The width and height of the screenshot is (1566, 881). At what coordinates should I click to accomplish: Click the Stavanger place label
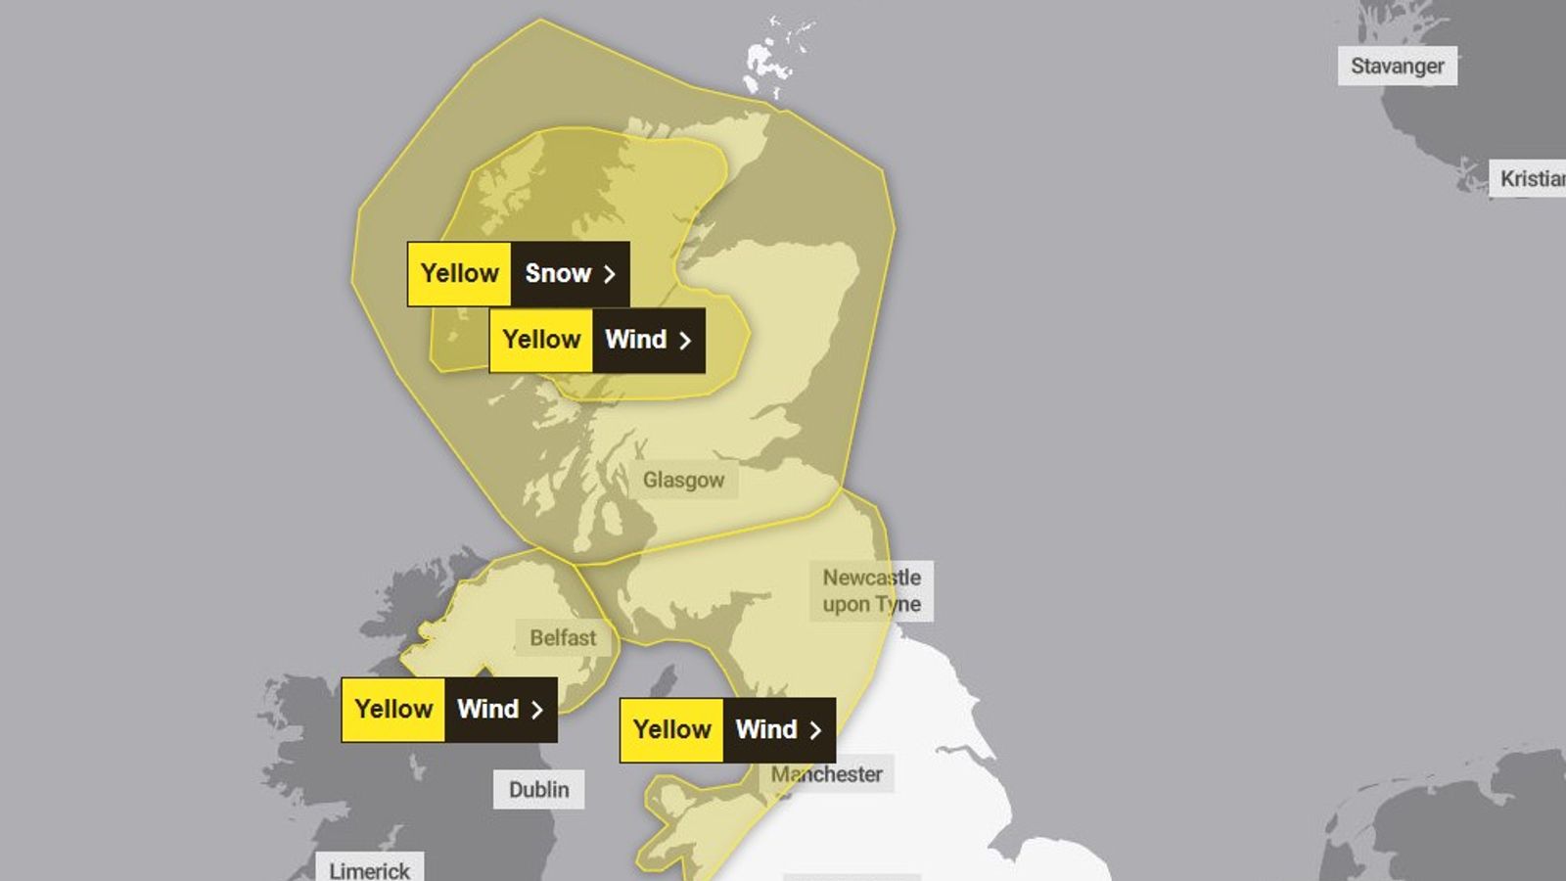click(x=1397, y=66)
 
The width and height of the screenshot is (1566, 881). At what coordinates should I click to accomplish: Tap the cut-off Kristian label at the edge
click(x=1531, y=178)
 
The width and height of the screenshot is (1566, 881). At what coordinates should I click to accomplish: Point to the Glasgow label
click(x=683, y=480)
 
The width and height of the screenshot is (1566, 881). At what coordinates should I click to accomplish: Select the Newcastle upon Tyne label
click(x=871, y=590)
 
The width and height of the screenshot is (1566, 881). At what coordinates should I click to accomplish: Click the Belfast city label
click(x=563, y=638)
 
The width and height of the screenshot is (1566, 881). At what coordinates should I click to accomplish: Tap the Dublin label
click(x=538, y=789)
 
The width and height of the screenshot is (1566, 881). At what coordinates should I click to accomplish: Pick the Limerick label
click(x=369, y=869)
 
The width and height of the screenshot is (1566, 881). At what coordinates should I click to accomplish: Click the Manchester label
click(x=827, y=774)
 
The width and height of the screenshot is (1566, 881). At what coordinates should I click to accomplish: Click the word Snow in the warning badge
click(x=558, y=273)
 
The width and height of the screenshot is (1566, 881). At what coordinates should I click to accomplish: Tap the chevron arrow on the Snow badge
click(x=610, y=274)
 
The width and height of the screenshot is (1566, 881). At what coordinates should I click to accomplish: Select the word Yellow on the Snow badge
click(x=459, y=273)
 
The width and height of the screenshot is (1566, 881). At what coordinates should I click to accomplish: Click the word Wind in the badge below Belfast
click(x=487, y=709)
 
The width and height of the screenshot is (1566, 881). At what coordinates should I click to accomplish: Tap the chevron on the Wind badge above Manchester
click(x=815, y=730)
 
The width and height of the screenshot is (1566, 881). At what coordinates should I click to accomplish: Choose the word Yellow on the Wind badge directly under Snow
click(x=541, y=340)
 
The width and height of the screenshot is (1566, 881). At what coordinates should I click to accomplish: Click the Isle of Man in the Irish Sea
click(x=664, y=681)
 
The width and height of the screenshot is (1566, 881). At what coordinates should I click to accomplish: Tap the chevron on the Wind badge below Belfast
click(x=536, y=710)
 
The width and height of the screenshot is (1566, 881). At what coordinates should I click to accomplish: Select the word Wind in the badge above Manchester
click(x=766, y=729)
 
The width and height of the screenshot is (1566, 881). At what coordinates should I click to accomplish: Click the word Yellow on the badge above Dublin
click(x=393, y=709)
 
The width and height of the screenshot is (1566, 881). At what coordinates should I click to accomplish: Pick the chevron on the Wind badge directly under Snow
click(x=685, y=341)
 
